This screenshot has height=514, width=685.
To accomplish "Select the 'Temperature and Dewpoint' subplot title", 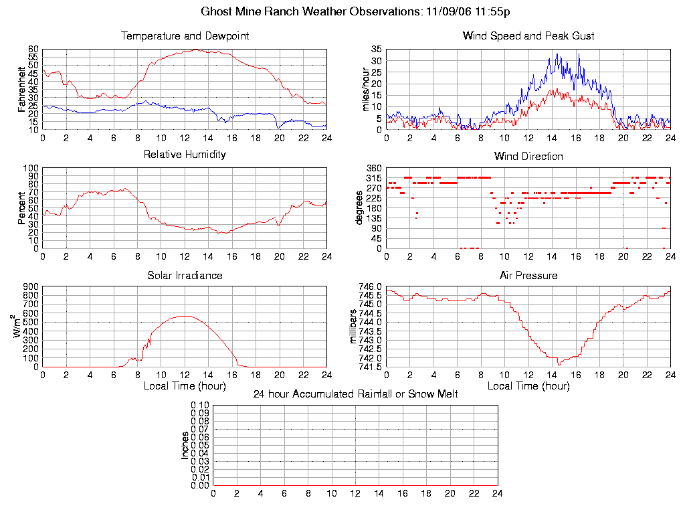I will coord(185,35).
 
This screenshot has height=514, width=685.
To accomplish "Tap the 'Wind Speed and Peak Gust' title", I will coord(528,35).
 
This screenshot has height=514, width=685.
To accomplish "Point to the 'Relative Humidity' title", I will coord(185,155).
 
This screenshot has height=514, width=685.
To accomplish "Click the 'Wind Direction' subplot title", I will coord(528,156).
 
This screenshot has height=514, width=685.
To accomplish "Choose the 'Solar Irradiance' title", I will coord(185,275).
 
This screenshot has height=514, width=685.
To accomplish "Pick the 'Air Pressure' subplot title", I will coord(528,275).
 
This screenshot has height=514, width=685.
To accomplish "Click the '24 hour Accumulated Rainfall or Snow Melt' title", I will coord(355,394).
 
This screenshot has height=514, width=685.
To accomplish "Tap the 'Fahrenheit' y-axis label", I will coord(22,89).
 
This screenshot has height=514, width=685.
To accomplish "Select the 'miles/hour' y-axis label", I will coord(365,89).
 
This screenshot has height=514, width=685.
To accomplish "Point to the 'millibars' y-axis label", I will coord(355,327).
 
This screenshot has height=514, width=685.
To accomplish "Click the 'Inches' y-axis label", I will coord(185,445).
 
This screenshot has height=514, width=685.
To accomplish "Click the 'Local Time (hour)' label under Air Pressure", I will coord(528,386).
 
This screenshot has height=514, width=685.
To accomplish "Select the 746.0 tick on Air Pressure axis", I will coord(370,286).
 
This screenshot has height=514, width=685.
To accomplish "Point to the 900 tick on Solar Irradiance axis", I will coord(31,286).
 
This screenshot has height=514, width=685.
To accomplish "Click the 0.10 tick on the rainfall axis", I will coord(200,406).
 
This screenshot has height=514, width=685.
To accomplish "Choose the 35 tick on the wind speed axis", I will coord(376,50).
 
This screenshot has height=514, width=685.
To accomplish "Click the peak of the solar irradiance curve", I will coord(185,316).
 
